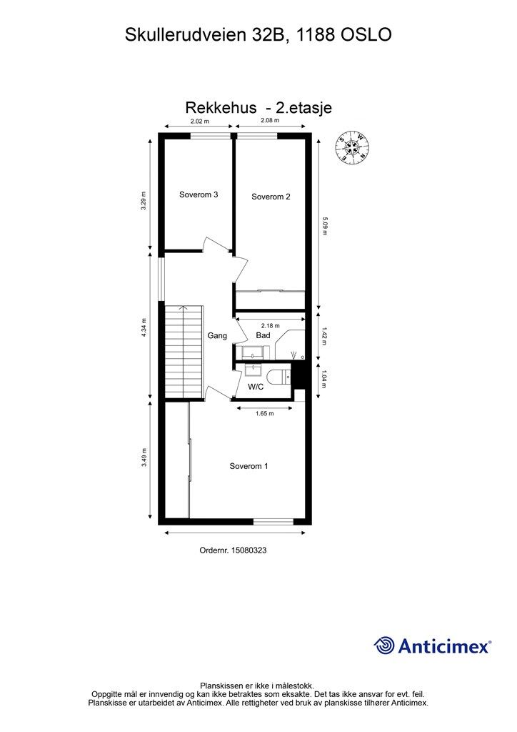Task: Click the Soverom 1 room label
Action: tap(249, 466)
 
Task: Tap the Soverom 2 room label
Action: tap(271, 197)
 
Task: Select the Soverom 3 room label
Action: tap(199, 194)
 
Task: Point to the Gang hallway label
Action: tap(217, 336)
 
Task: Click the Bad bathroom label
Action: tap(263, 335)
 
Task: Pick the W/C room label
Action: tap(256, 387)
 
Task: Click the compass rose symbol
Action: tap(353, 147)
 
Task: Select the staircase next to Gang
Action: tap(184, 352)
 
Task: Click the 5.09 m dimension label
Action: tap(325, 225)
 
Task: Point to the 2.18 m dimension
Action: tap(271, 326)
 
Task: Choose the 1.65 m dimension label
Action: tap(265, 414)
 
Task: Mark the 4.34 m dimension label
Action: tap(144, 327)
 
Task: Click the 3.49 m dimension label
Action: tap(144, 457)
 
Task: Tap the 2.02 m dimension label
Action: tap(199, 122)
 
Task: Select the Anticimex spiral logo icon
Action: tap(383, 646)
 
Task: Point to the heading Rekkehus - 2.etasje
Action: tap(258, 108)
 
